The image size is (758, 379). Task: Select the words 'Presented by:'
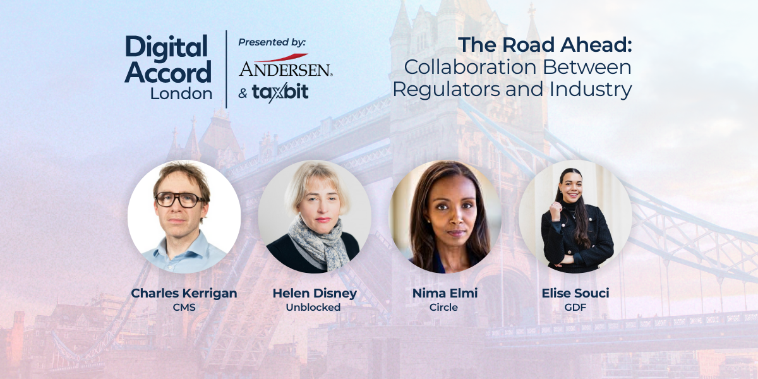point(272,42)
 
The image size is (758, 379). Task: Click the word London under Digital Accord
point(181,93)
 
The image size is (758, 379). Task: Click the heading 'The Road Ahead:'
point(544,45)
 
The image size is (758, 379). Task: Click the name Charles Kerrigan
point(184,293)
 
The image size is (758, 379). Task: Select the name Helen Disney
point(315,293)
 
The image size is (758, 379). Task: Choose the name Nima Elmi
point(445,293)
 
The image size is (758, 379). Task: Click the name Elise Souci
point(575,293)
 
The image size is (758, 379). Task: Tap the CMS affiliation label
point(184,308)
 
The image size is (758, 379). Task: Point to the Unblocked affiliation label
point(315,308)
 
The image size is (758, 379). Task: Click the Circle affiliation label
point(445,308)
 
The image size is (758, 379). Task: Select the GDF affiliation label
point(575,308)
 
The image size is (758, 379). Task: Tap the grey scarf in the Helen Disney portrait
point(318,243)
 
